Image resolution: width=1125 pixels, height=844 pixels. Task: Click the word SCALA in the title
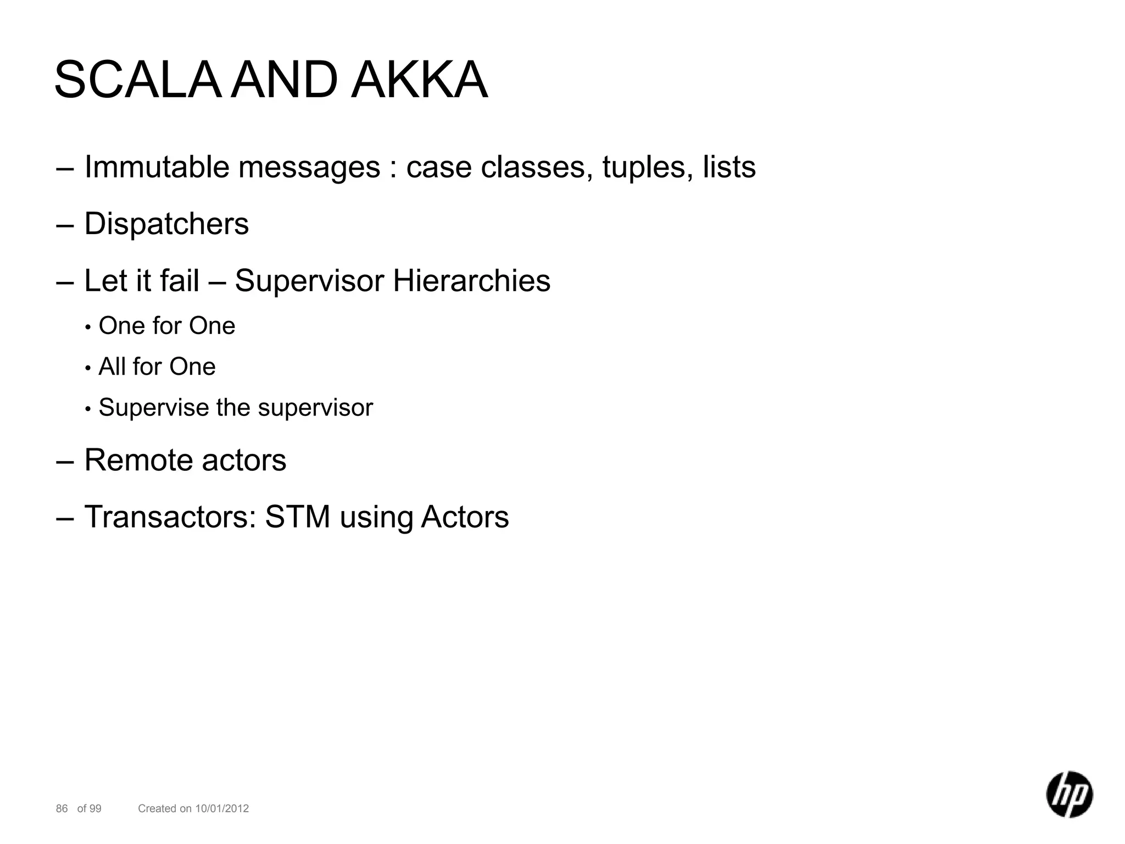[x=137, y=81]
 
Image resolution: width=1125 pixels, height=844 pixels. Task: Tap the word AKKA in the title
[x=419, y=81]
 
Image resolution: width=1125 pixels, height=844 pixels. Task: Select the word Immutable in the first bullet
[x=157, y=167]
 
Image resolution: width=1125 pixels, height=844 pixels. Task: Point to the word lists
[x=729, y=167]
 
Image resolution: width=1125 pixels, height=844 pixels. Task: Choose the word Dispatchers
[x=166, y=224]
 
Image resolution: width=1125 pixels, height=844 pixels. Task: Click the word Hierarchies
[x=471, y=281]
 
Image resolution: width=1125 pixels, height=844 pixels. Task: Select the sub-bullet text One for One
[x=167, y=326]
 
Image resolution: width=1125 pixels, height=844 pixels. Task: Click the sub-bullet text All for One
[x=157, y=367]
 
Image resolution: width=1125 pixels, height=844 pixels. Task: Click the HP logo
[x=1069, y=794]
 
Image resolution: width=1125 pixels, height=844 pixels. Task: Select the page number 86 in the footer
[x=62, y=808]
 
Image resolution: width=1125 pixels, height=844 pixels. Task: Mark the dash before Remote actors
[x=64, y=461]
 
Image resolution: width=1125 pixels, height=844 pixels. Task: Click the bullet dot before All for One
[x=88, y=368]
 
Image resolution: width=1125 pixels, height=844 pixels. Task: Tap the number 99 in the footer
[x=96, y=808]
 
